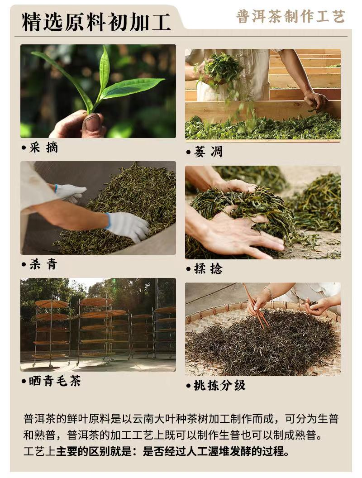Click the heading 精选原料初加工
pyautogui.click(x=96, y=22)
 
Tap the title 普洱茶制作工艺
pyautogui.click(x=291, y=16)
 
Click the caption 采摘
pyautogui.click(x=43, y=148)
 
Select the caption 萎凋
pyautogui.click(x=208, y=152)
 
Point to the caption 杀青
pyautogui.click(x=43, y=264)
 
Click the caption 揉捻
pyautogui.click(x=208, y=268)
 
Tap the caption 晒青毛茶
pyautogui.click(x=55, y=381)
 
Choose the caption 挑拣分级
pyautogui.click(x=219, y=385)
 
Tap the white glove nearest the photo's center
pyautogui.click(x=127, y=226)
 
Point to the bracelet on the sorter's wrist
pyautogui.click(x=268, y=292)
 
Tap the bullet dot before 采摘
pyautogui.click(x=24, y=148)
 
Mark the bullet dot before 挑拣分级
pyautogui.click(x=188, y=386)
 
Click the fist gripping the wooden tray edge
pyautogui.click(x=316, y=100)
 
